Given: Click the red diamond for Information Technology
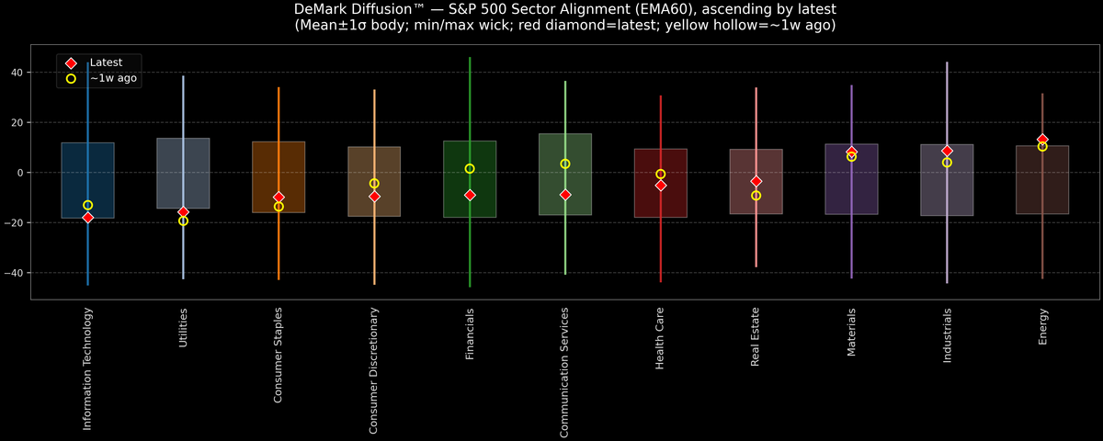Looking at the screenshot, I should [x=88, y=218].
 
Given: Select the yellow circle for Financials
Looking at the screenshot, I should [x=470, y=169].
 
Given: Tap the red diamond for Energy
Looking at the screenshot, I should [x=1042, y=140].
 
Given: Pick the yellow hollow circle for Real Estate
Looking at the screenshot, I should [x=756, y=196].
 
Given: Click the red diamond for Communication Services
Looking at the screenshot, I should [x=565, y=195].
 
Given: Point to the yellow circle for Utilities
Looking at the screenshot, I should [x=184, y=221].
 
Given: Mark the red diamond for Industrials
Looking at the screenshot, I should [x=947, y=151].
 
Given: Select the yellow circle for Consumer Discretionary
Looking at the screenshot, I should [x=374, y=184].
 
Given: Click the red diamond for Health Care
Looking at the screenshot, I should [x=661, y=186].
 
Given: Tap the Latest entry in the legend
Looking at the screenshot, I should [x=105, y=62].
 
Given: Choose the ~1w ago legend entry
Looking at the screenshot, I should [x=113, y=79].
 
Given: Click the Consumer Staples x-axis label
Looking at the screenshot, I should [x=279, y=356].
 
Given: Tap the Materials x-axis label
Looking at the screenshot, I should [x=851, y=332].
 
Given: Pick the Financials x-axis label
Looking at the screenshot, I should [x=470, y=334].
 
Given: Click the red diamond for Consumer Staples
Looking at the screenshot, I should [x=279, y=198].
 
